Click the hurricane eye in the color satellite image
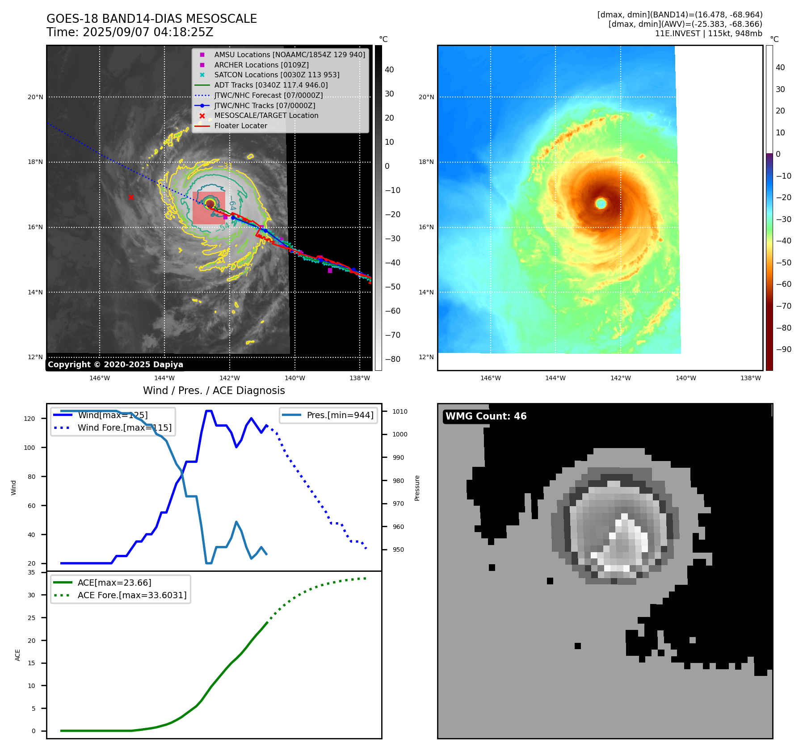pyautogui.click(x=601, y=204)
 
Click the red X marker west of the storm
pyautogui.click(x=131, y=197)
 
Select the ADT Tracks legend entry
pyautogui.click(x=271, y=85)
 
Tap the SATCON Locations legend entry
pyautogui.click(x=277, y=75)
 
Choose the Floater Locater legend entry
pyautogui.click(x=240, y=126)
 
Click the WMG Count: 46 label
pyautogui.click(x=486, y=416)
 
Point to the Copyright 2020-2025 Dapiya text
pyautogui.click(x=115, y=365)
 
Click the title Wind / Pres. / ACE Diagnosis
pyautogui.click(x=214, y=390)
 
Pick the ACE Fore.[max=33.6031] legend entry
pyautogui.click(x=132, y=595)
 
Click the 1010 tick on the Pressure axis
pyautogui.click(x=400, y=411)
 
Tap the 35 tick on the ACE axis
pyautogui.click(x=31, y=572)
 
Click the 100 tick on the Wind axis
pyautogui.click(x=29, y=448)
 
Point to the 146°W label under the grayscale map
pyautogui.click(x=100, y=378)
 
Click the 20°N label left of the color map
pyautogui.click(x=426, y=97)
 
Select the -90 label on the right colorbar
pyautogui.click(x=783, y=349)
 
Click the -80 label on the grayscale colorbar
pyautogui.click(x=393, y=359)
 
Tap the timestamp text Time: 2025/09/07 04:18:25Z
pyautogui.click(x=130, y=33)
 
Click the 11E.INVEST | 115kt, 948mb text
pyautogui.click(x=708, y=34)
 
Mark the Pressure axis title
pyautogui.click(x=417, y=488)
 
